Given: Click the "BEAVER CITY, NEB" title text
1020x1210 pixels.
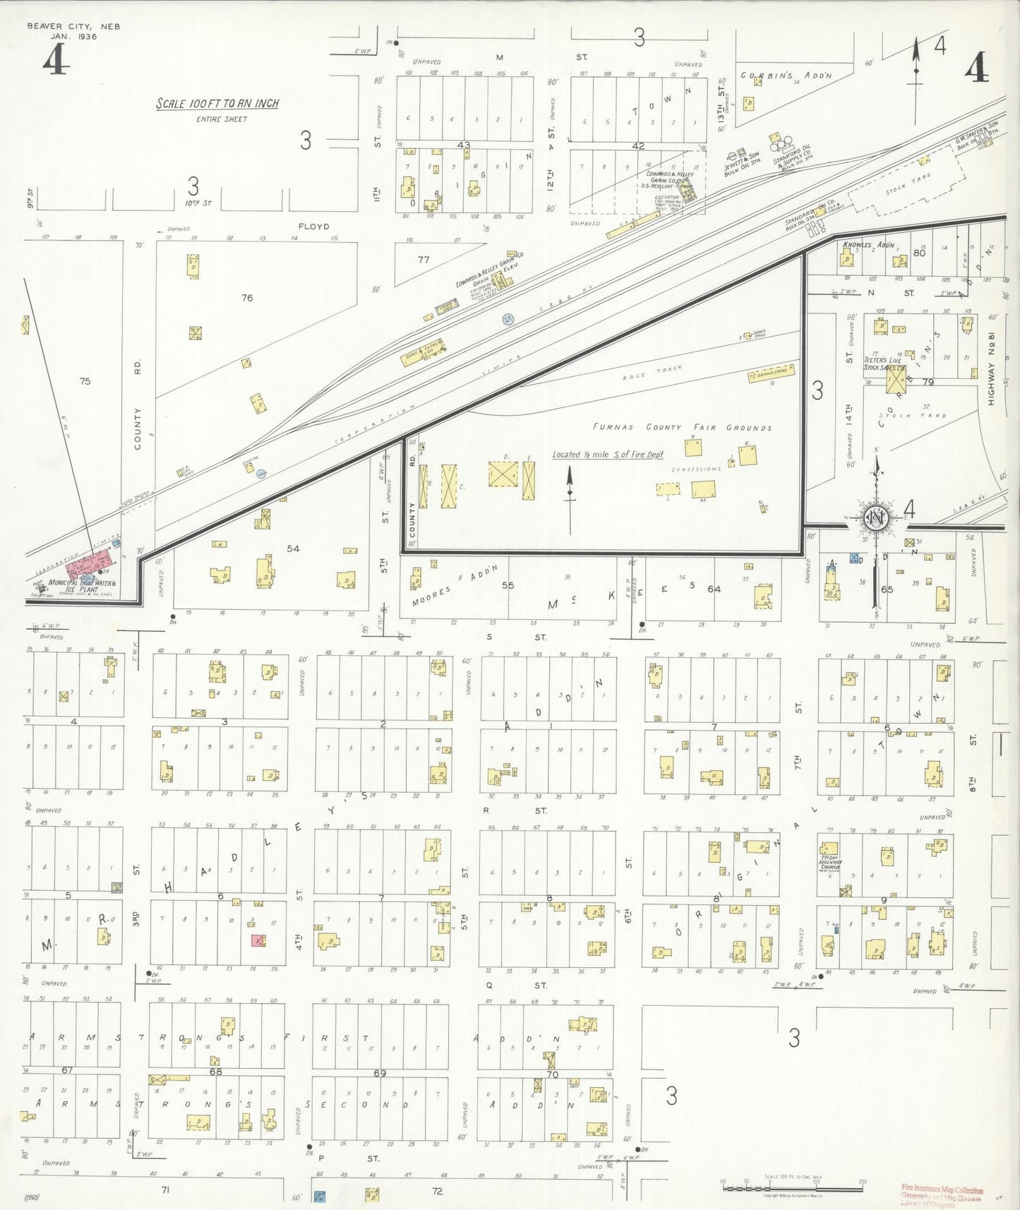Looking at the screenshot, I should [x=73, y=26].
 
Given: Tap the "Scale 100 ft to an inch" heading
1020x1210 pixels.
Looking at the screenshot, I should [x=217, y=104].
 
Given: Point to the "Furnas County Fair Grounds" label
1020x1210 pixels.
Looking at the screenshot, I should [x=682, y=427].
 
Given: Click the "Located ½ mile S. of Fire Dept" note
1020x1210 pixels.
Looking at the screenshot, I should [x=608, y=455].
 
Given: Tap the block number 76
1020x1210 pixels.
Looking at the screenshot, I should [x=246, y=298].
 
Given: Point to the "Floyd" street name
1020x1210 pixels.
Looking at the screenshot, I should [x=313, y=227].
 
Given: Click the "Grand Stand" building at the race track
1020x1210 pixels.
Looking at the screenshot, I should [x=772, y=373].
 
